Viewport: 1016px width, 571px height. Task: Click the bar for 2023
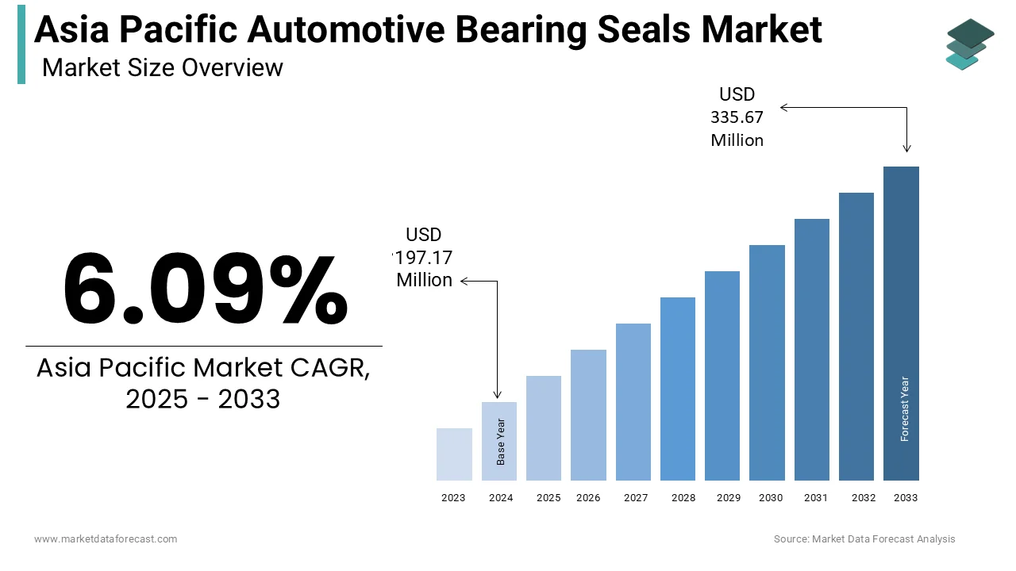tap(454, 454)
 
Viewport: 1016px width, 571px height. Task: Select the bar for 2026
tap(588, 415)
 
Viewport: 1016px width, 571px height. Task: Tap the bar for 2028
tap(678, 389)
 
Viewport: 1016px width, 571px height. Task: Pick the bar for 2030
tap(767, 362)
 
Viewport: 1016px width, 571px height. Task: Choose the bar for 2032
tap(856, 336)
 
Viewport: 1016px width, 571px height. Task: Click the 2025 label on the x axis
tap(548, 498)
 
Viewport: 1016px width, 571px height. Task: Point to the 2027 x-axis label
tap(636, 498)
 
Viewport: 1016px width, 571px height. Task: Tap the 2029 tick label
tap(728, 498)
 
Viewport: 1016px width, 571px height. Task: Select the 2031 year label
tap(815, 498)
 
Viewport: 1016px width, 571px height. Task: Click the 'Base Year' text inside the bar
tap(501, 442)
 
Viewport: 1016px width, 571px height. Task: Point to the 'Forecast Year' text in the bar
tap(904, 408)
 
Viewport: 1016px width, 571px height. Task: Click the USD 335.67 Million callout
tap(737, 117)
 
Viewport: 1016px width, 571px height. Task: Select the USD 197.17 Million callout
tap(424, 258)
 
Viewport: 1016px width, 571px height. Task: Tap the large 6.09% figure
tap(205, 289)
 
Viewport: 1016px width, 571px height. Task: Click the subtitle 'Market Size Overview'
tap(162, 68)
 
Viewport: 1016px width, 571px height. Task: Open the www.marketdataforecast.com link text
tap(106, 539)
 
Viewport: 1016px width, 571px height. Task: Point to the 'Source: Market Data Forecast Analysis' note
tap(864, 539)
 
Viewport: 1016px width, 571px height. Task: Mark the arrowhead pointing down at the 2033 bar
tap(906, 148)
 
